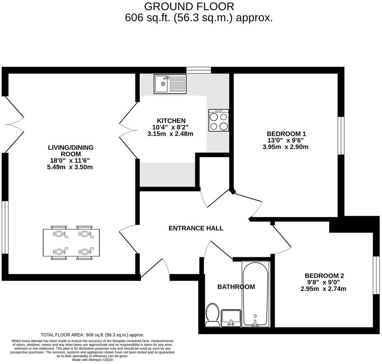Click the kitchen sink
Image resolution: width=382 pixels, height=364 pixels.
point(170,84)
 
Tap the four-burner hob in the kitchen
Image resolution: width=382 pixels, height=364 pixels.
point(218,120)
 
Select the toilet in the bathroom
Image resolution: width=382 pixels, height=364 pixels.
point(212,315)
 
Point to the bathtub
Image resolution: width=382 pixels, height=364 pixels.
point(255,294)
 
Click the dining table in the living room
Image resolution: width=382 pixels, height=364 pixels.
point(71,243)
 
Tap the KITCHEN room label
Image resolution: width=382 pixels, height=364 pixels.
point(171,121)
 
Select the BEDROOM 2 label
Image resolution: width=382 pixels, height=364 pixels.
point(324,276)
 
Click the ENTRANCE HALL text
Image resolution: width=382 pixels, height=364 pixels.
point(196,228)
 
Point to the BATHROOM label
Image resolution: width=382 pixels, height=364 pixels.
point(236,287)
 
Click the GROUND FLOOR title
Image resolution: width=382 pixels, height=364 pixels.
point(189,6)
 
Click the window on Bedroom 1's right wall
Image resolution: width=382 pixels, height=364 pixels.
point(341,135)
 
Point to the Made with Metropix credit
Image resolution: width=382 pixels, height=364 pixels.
point(92,360)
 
